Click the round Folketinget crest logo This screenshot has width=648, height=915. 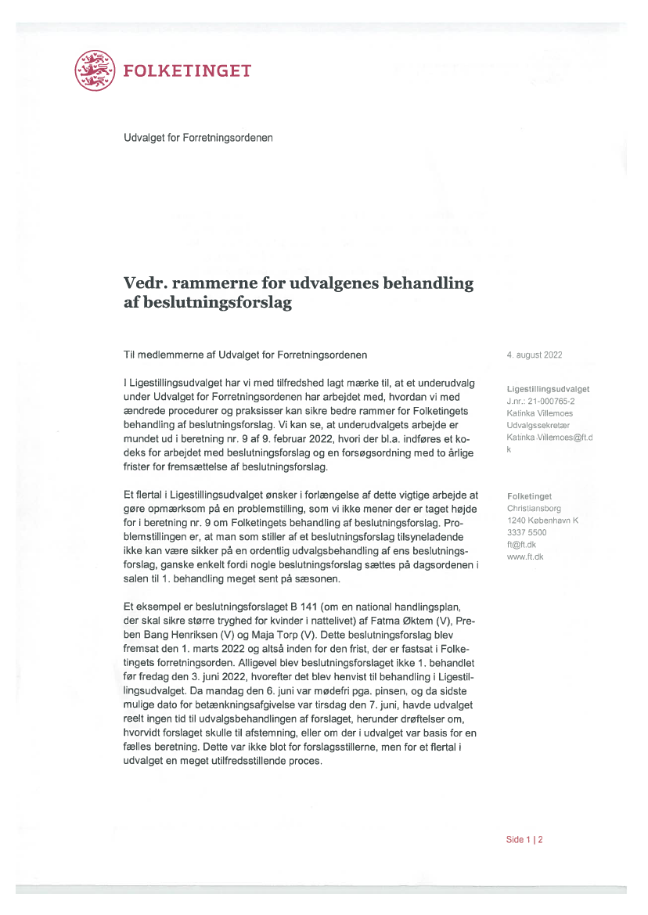tap(95, 70)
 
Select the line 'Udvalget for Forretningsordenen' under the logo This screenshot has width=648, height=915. tap(198, 138)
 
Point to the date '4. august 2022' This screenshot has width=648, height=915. tap(535, 355)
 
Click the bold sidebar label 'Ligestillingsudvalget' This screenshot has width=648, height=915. tap(548, 389)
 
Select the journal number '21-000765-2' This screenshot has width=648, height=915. tap(552, 401)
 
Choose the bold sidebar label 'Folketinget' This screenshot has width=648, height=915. tap(529, 496)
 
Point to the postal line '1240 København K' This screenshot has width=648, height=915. tap(542, 521)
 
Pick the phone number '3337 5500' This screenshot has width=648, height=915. tap(527, 532)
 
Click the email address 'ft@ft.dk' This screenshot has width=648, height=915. tap(521, 545)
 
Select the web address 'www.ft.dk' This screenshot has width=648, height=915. tap(525, 557)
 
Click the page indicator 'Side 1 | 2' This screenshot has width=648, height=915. tap(524, 840)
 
